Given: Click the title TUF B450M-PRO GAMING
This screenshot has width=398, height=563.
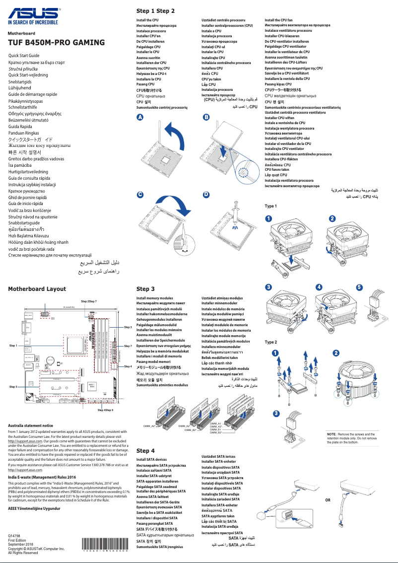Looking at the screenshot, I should click(56, 43).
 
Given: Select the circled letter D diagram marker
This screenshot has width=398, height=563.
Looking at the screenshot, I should click(206, 195).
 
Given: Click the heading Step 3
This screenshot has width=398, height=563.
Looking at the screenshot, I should click(145, 288).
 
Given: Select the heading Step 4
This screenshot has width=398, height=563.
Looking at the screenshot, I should click(145, 451).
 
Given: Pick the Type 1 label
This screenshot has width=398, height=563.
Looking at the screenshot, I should click(271, 206).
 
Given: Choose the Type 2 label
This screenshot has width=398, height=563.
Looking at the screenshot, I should click(271, 342).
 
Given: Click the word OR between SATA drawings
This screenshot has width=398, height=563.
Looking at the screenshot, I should click(328, 500).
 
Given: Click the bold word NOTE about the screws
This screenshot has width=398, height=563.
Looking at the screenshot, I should click(332, 434).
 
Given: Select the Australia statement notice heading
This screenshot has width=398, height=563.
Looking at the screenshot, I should click(31, 425).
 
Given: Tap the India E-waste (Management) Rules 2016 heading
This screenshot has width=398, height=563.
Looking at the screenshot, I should click(42, 477).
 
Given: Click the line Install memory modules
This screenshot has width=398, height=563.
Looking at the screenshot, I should click(154, 298).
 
